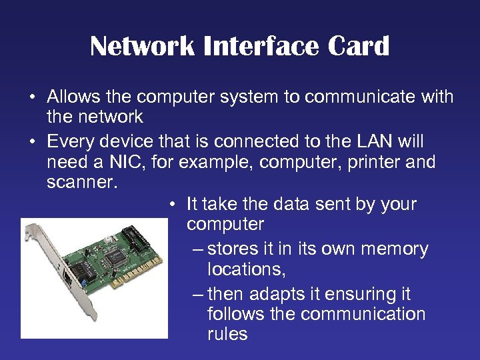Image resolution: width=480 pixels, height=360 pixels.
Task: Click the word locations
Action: pos(244,269)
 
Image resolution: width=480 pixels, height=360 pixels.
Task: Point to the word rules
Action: pos(227,333)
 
